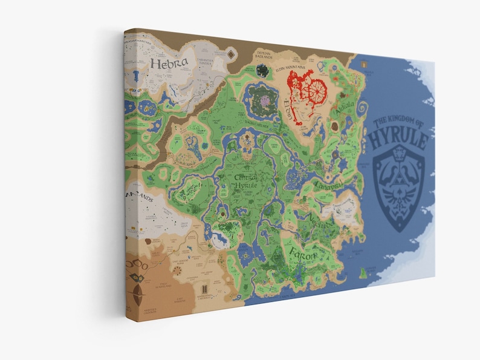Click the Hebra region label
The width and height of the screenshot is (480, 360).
click(x=170, y=62)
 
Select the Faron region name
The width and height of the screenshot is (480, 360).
click(x=301, y=253)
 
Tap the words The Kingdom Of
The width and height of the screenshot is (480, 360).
click(x=399, y=123)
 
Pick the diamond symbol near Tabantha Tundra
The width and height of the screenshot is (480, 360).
click(x=233, y=56)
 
